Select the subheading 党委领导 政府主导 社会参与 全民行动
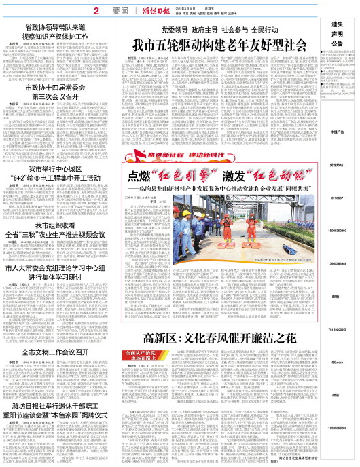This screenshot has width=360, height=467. click(214, 31)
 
